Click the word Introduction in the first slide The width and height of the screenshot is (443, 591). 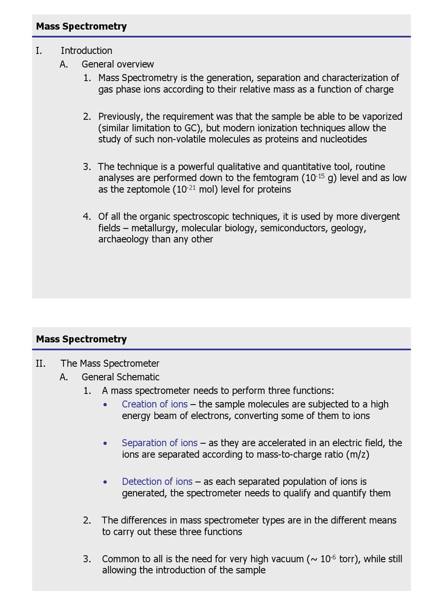click(x=87, y=51)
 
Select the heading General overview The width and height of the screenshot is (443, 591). click(x=118, y=64)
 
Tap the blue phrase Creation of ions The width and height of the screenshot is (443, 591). click(x=155, y=404)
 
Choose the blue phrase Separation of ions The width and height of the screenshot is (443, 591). click(x=159, y=443)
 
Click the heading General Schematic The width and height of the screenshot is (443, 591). click(x=120, y=377)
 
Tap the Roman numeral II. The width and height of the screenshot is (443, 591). click(x=40, y=364)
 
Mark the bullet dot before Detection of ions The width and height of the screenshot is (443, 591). click(x=105, y=482)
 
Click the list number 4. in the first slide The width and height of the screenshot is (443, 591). click(x=87, y=216)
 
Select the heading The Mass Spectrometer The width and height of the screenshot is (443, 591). click(x=110, y=364)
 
